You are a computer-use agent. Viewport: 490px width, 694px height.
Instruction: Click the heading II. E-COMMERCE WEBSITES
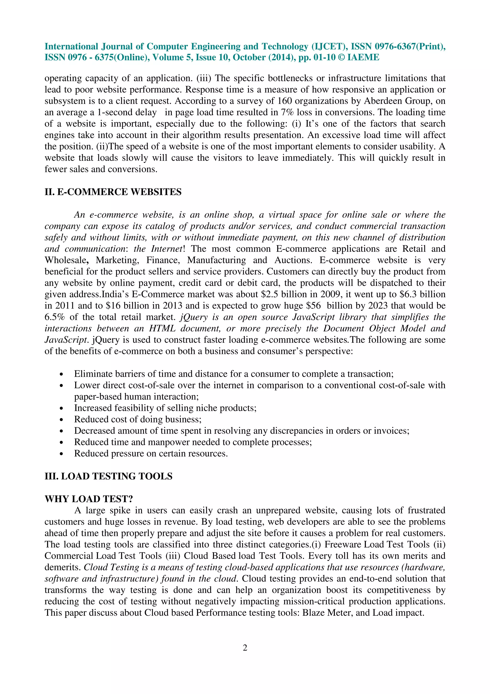coord(113,192)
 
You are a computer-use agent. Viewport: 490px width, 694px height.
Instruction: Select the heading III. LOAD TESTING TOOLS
coord(108,476)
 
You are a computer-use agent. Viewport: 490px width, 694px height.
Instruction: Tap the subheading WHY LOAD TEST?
coord(89,499)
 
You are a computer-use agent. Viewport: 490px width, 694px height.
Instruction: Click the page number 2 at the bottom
coord(245,648)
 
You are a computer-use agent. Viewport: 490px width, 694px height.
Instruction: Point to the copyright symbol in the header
coord(341,57)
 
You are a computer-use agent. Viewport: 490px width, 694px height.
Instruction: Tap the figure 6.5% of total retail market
coord(55,317)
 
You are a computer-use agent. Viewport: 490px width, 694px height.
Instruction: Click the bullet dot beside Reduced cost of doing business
coord(61,420)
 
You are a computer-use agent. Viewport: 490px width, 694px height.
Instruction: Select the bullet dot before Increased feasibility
coord(61,408)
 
